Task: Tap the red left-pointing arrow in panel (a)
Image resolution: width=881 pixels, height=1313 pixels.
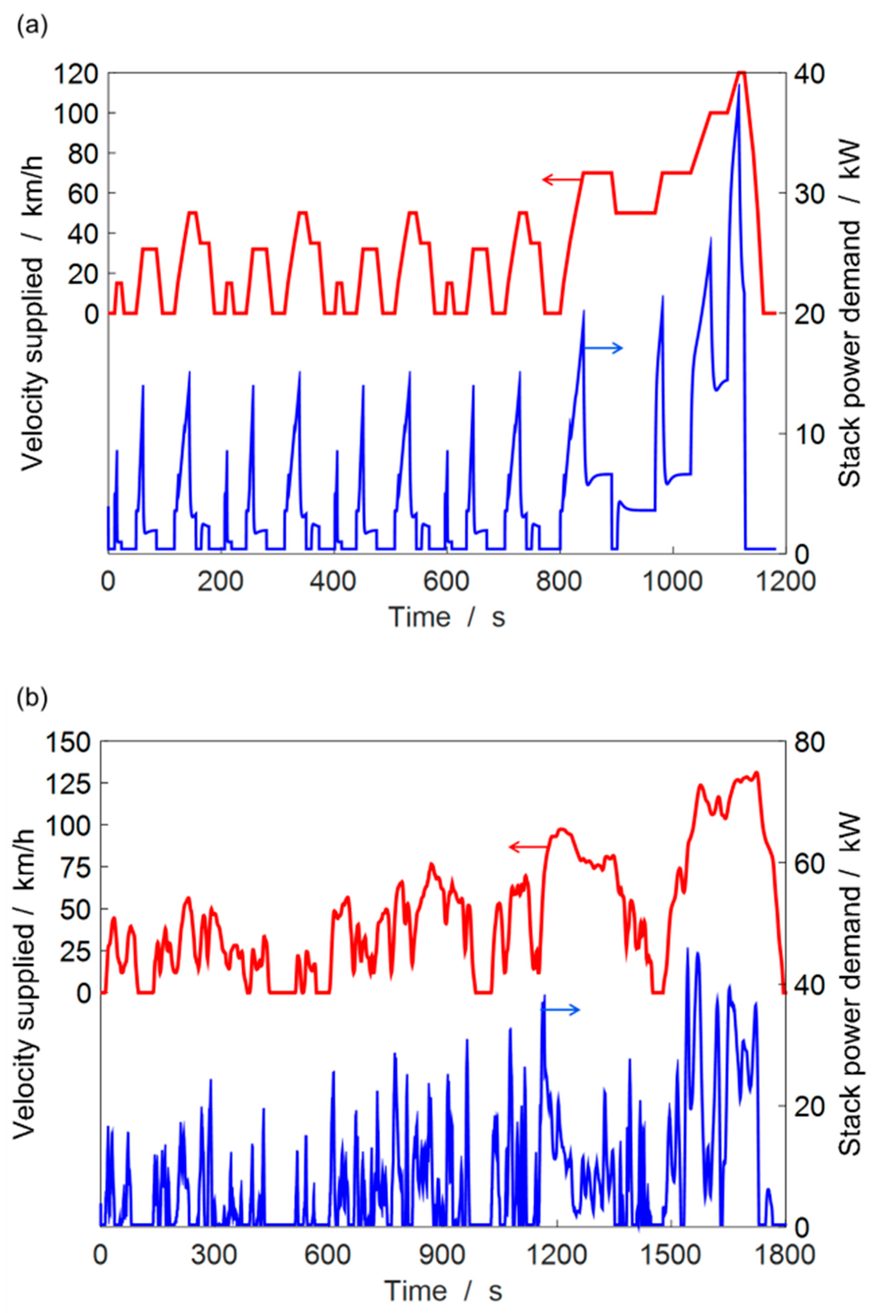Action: [562, 179]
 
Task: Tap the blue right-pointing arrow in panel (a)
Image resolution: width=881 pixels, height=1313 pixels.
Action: [603, 348]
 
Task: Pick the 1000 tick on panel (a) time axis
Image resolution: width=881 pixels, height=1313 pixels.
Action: [672, 581]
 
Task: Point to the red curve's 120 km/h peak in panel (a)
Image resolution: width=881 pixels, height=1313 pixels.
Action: [742, 72]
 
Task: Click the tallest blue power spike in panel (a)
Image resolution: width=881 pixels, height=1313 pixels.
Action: [739, 84]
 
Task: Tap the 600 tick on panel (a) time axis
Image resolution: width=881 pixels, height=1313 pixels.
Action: [447, 581]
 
